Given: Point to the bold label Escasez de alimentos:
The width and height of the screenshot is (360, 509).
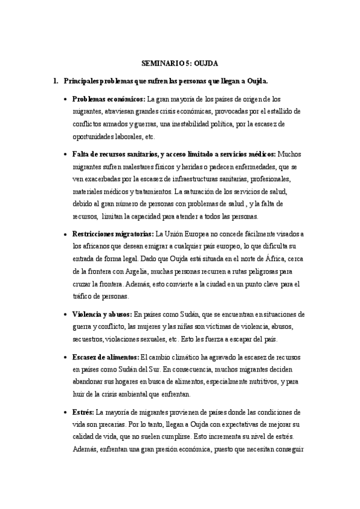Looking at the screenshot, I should click(106, 357).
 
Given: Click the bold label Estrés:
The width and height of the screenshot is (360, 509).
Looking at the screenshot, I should click(83, 412).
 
